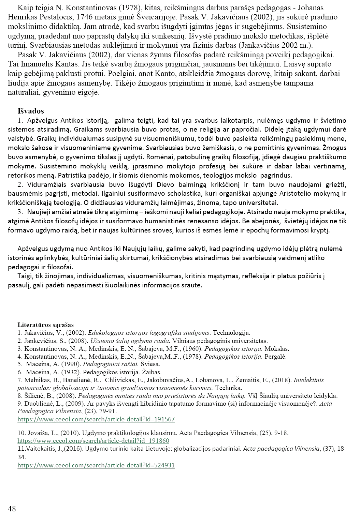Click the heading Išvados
[31, 111]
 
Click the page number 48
[12, 509]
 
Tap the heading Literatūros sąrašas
[46, 325]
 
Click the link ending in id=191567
[96, 419]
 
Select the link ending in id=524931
[96, 465]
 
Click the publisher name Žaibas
[152, 372]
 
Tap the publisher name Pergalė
[276, 357]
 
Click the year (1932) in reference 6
[72, 372]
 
